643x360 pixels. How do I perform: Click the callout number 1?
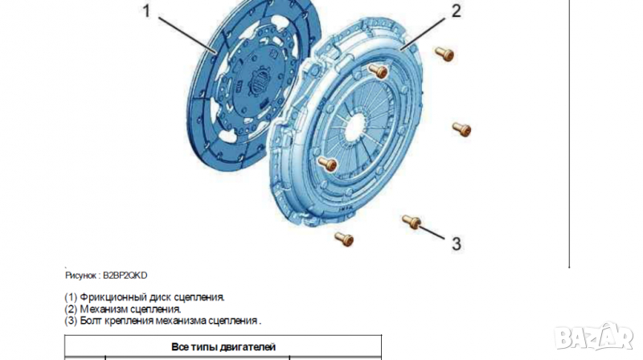pos(147,11)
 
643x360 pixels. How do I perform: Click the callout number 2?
pos(456,10)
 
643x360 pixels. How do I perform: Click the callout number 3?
pos(457,243)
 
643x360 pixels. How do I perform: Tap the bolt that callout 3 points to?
pos(412,222)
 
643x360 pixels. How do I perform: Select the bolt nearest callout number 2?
pos(444,54)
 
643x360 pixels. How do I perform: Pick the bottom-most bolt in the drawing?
pos(344,239)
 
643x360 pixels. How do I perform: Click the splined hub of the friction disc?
pos(258,79)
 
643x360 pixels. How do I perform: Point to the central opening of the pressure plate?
pos(355,127)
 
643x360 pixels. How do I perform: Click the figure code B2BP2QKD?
pos(125,276)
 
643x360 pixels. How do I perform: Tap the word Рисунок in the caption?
pos(81,276)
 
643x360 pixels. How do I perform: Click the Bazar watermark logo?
pos(594,337)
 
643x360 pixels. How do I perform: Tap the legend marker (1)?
pos(71,297)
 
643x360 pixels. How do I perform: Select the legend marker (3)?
pos(71,321)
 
